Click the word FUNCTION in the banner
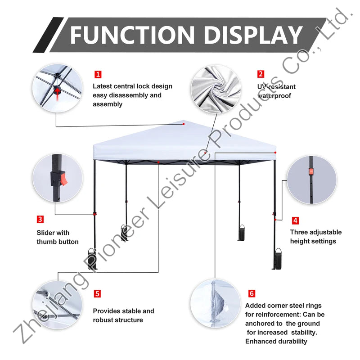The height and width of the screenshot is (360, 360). coord(132,35)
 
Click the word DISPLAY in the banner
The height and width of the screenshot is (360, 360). coord(253,35)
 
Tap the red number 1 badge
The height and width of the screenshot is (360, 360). coord(98,74)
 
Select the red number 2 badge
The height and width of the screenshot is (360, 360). coord(261,74)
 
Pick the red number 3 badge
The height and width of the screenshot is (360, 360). coord(40,219)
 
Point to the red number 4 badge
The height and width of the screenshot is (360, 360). coord(295,220)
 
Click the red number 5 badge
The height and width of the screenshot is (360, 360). coord(97,294)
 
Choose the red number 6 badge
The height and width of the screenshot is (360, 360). coord(252,293)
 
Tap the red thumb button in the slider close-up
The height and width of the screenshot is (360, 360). coord(64,179)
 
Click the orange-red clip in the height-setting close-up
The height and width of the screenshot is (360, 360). coord(311,171)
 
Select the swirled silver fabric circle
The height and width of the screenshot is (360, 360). coord(216,90)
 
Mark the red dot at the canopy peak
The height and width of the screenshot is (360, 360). coord(184,124)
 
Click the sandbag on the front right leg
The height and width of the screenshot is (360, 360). coord(278,259)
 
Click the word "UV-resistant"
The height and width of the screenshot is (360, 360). coord(276,87)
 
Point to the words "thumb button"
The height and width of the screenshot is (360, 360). coord(58,242)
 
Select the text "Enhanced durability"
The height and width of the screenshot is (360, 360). coord(276,342)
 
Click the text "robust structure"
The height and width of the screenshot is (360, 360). coord(118,320)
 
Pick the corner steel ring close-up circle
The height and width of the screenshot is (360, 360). coord(216,303)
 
